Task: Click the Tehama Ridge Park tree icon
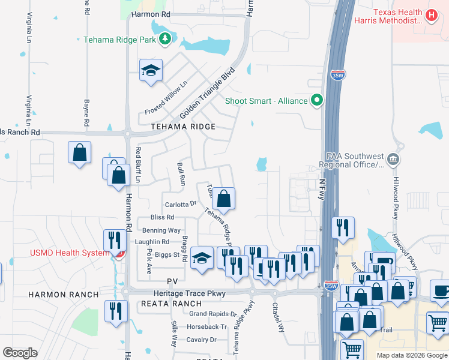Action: click(x=165, y=40)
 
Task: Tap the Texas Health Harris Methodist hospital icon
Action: click(x=430, y=15)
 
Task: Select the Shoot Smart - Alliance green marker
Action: click(x=317, y=101)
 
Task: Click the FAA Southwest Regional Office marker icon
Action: click(x=393, y=159)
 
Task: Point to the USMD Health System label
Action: click(x=70, y=253)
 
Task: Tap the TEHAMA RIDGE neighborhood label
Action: click(x=183, y=127)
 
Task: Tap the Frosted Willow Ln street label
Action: click(x=166, y=98)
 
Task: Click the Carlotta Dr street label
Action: click(x=181, y=204)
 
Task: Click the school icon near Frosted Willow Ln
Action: click(x=151, y=71)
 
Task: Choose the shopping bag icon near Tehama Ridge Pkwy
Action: click(x=223, y=199)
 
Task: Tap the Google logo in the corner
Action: click(x=20, y=353)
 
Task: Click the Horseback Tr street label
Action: click(x=206, y=327)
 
